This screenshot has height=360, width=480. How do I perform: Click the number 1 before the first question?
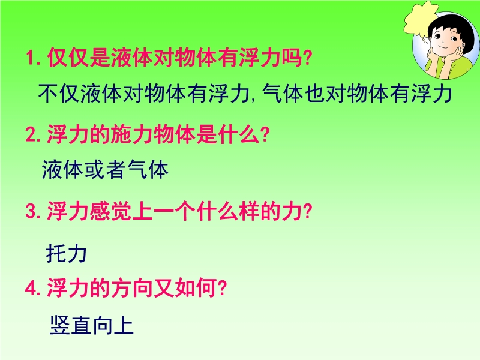tap(30, 58)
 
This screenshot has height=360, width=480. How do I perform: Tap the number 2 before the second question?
tap(31, 134)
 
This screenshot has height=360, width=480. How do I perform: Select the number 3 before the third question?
tap(31, 211)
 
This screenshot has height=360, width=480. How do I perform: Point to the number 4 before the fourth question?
tap(31, 288)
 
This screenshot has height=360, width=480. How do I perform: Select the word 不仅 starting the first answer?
tap(59, 94)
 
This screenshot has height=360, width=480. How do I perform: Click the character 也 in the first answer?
tap(315, 94)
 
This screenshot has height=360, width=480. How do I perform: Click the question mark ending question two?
tap(264, 134)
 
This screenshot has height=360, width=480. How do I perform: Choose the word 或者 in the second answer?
tap(105, 170)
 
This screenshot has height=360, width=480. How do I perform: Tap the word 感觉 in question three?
tap(110, 211)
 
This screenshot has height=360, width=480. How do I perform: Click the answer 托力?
tap(67, 253)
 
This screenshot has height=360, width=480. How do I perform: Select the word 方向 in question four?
tap(132, 288)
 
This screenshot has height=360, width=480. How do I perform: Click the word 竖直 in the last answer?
tap(70, 325)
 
